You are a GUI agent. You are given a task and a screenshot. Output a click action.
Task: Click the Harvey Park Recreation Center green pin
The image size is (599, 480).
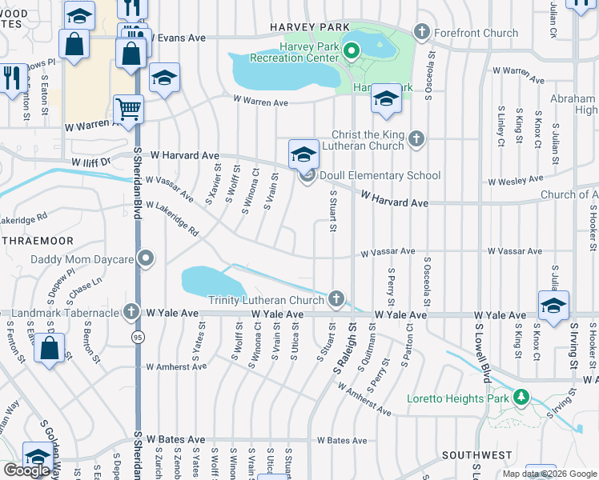tap(351, 52)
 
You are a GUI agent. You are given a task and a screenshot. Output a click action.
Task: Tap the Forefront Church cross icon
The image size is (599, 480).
tap(422, 33)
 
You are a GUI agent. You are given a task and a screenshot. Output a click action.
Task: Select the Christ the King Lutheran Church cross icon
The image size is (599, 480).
tap(415, 139)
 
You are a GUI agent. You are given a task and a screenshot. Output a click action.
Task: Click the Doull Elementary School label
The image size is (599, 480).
tap(380, 176)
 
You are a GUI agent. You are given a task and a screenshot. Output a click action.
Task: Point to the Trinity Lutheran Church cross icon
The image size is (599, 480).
tap(336, 300)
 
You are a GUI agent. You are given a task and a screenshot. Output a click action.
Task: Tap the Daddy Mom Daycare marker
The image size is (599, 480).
tap(145, 258)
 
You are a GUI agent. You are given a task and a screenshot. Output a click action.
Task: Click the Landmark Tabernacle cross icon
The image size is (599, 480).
tap(132, 311)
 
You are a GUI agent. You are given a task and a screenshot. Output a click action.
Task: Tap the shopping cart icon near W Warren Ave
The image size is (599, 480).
tap(128, 107)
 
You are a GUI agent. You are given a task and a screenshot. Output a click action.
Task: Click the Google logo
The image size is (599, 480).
tap(26, 470)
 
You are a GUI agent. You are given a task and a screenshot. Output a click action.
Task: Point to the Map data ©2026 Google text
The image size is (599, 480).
tap(549, 473)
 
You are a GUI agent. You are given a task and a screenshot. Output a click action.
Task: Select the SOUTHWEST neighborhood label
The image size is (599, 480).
tap(476, 455)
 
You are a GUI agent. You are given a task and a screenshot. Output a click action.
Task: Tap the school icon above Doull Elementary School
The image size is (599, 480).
tap(304, 153)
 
